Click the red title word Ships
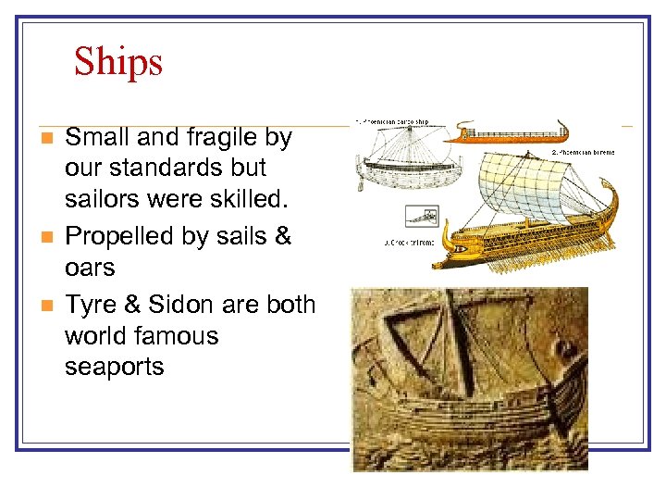(118, 62)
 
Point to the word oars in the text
(90, 268)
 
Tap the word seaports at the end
(114, 367)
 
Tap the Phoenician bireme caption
(583, 151)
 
